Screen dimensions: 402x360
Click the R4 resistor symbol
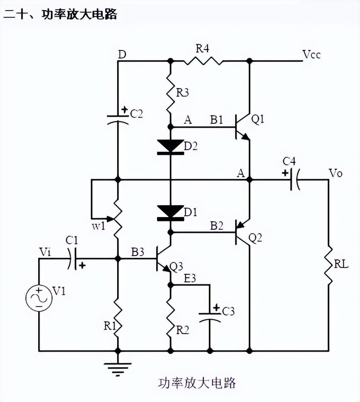pos(203,61)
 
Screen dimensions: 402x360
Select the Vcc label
pos(312,55)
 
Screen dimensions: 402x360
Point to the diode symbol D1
pos(171,212)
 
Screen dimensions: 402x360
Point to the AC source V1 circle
pos(39,299)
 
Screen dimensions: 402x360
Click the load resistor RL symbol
pos(329,266)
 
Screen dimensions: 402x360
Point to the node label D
pos(122,55)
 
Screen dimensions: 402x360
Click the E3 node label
pos(191,278)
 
